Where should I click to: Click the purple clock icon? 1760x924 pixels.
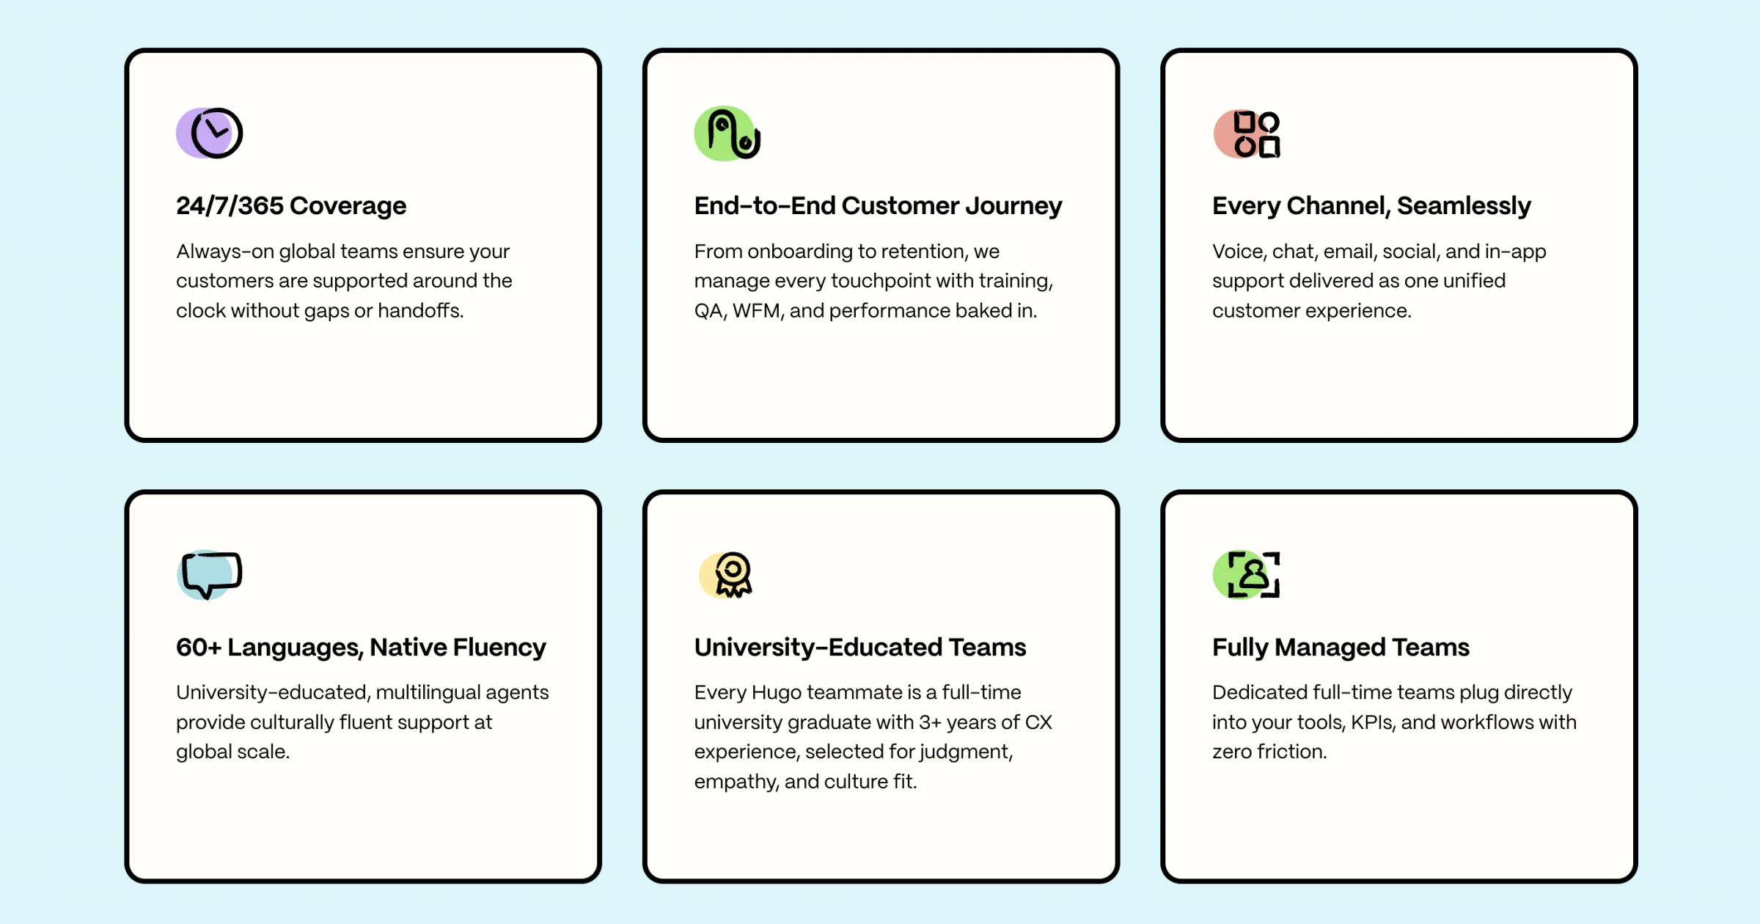point(210,133)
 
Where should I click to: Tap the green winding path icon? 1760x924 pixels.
point(727,133)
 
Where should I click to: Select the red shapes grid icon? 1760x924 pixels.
point(1247,134)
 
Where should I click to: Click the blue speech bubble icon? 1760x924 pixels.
point(210,575)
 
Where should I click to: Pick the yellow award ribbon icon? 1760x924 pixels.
point(726,575)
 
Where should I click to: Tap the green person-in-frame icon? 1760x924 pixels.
point(1247,575)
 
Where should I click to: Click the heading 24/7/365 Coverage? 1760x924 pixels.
point(291,206)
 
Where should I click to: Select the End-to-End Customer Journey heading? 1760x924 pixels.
point(878,206)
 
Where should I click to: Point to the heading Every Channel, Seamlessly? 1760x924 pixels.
point(1371,206)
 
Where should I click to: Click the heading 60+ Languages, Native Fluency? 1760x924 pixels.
point(361,648)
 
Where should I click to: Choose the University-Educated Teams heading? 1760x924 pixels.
point(860,648)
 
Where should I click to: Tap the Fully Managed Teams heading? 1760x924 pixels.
point(1341,648)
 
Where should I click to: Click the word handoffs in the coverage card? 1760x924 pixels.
point(420,311)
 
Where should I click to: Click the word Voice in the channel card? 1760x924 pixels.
point(1239,252)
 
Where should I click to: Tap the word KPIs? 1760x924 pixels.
point(1373,722)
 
